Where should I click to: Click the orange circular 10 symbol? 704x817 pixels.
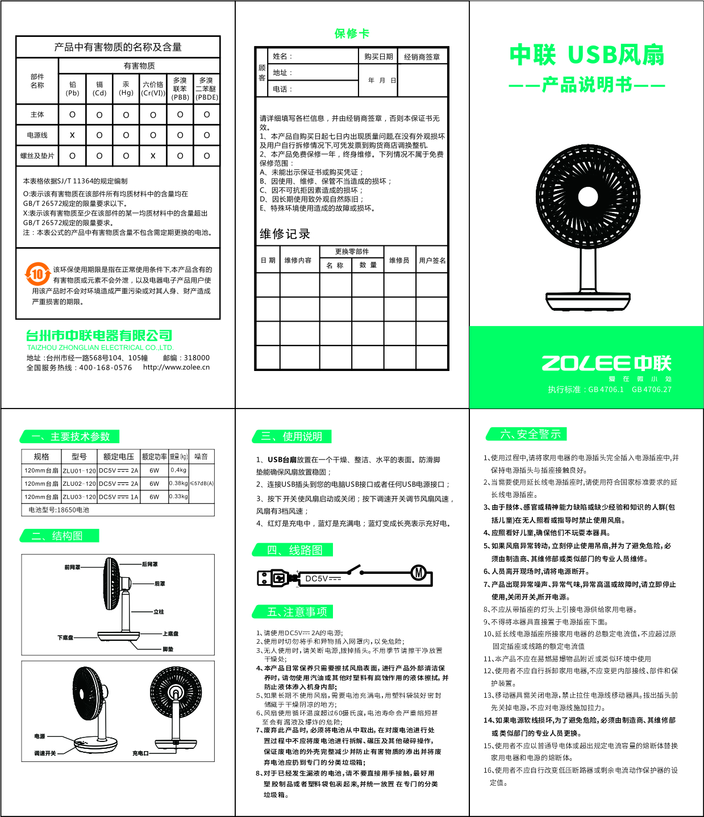click(38, 274)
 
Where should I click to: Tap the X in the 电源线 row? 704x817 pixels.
click(72, 135)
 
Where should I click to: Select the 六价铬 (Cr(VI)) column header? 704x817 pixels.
click(153, 89)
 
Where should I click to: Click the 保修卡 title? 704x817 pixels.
click(352, 34)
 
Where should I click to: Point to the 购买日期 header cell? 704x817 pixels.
click(378, 56)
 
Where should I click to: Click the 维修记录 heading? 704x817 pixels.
click(285, 234)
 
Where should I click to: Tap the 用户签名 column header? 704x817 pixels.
click(432, 260)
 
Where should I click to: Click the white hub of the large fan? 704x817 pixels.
click(588, 197)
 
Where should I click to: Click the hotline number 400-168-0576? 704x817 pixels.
click(106, 368)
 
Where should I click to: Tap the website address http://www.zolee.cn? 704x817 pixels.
click(176, 367)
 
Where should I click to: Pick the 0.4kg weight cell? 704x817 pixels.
click(178, 470)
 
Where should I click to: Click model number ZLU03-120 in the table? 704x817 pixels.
click(80, 497)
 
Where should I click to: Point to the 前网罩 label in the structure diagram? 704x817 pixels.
click(72, 567)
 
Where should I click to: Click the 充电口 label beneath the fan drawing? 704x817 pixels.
click(140, 753)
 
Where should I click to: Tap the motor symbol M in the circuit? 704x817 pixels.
click(419, 573)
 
